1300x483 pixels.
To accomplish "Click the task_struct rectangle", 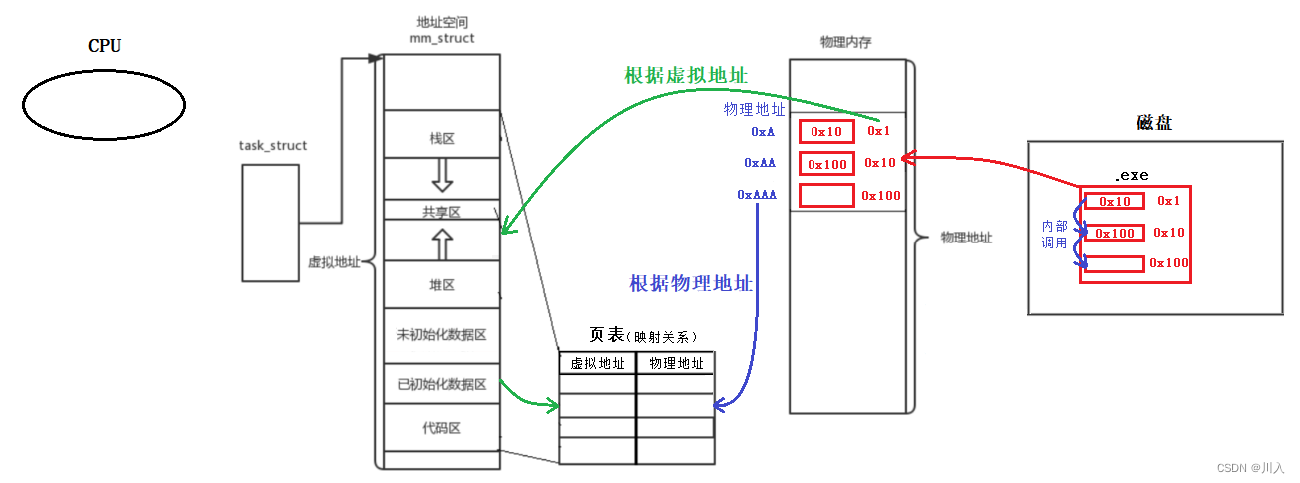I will click(x=270, y=222).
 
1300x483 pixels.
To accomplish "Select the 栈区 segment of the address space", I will click(x=442, y=138).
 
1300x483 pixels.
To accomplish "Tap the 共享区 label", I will click(x=441, y=211).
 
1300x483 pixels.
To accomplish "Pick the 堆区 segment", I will click(x=442, y=285).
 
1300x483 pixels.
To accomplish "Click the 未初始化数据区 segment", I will click(x=441, y=335).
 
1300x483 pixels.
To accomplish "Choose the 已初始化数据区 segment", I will click(x=441, y=384).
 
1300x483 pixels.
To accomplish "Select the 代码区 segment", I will click(x=441, y=428).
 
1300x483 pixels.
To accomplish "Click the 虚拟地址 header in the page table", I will click(x=597, y=364).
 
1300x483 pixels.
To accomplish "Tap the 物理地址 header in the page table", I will click(x=676, y=364).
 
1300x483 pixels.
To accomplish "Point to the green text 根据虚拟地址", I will click(x=686, y=76).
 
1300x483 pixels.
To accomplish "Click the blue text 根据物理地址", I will click(x=691, y=283).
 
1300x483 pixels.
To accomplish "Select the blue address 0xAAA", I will click(x=757, y=195).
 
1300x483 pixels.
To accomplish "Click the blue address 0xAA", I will click(x=760, y=162).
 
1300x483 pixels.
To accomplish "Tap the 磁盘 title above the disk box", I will click(x=1153, y=123).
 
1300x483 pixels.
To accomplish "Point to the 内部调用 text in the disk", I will click(x=1054, y=235).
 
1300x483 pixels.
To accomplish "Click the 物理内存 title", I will click(x=846, y=42).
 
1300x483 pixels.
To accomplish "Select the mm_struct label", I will click(x=441, y=38).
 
